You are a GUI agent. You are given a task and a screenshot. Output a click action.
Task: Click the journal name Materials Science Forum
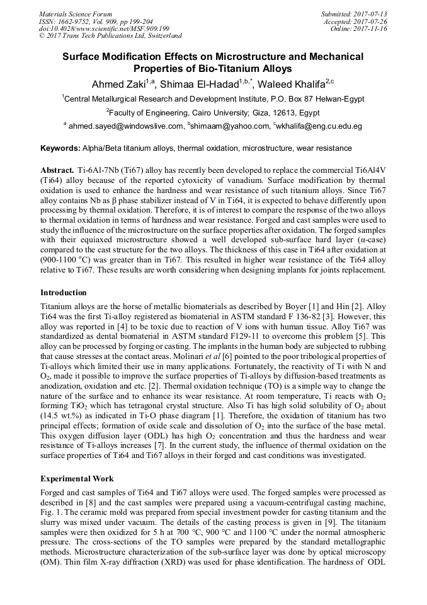(x=76, y=14)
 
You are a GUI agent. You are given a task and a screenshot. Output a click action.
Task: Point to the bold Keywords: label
(x=60, y=149)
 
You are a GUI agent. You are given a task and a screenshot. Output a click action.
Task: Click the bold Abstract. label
(x=57, y=171)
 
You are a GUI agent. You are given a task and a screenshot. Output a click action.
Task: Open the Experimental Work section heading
(x=77, y=479)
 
